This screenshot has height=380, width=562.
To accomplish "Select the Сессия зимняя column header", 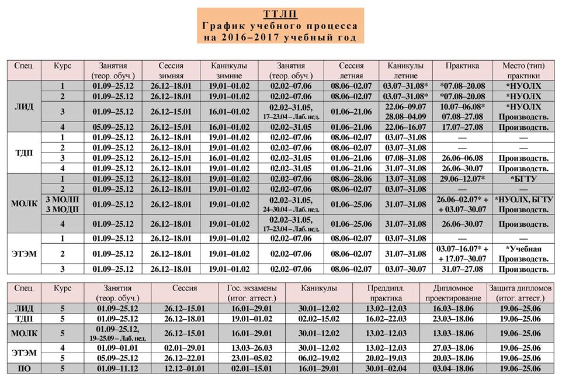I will click(171, 70).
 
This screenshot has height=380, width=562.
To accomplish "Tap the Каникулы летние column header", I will click(405, 70).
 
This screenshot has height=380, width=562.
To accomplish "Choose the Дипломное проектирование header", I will click(453, 293).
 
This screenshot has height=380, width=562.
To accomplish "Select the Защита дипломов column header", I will click(520, 293).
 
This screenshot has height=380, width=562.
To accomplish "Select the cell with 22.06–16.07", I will click(405, 127).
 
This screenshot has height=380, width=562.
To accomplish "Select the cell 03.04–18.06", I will click(453, 368).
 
